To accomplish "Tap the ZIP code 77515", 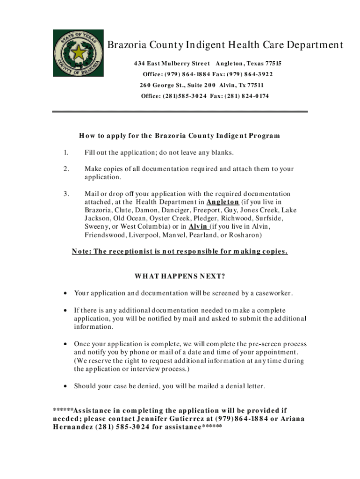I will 272,63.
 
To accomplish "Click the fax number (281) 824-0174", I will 248,96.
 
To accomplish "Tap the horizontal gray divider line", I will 180,111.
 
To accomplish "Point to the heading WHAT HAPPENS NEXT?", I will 180,276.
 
